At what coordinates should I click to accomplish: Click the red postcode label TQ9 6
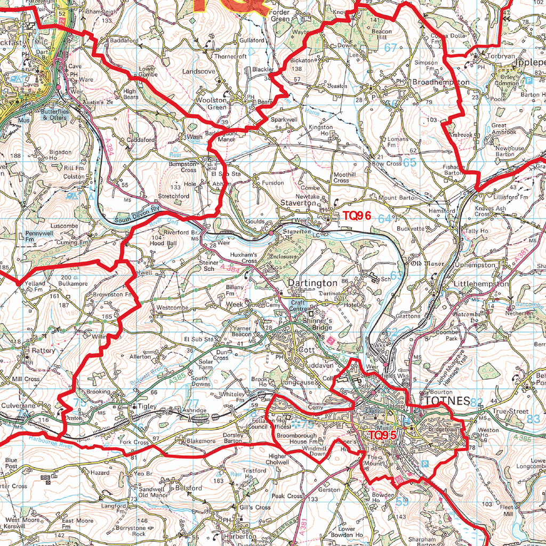[x=359, y=217]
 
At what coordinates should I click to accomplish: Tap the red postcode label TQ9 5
[x=382, y=435]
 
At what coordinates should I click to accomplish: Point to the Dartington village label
[x=312, y=283]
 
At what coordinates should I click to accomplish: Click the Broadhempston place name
[x=440, y=83]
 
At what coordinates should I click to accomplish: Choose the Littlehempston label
[x=481, y=284]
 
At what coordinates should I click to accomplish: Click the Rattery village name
[x=43, y=351]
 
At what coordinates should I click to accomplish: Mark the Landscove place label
[x=199, y=71]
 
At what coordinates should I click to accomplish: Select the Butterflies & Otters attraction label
[x=54, y=115]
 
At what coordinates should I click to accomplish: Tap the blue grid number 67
[x=391, y=47]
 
